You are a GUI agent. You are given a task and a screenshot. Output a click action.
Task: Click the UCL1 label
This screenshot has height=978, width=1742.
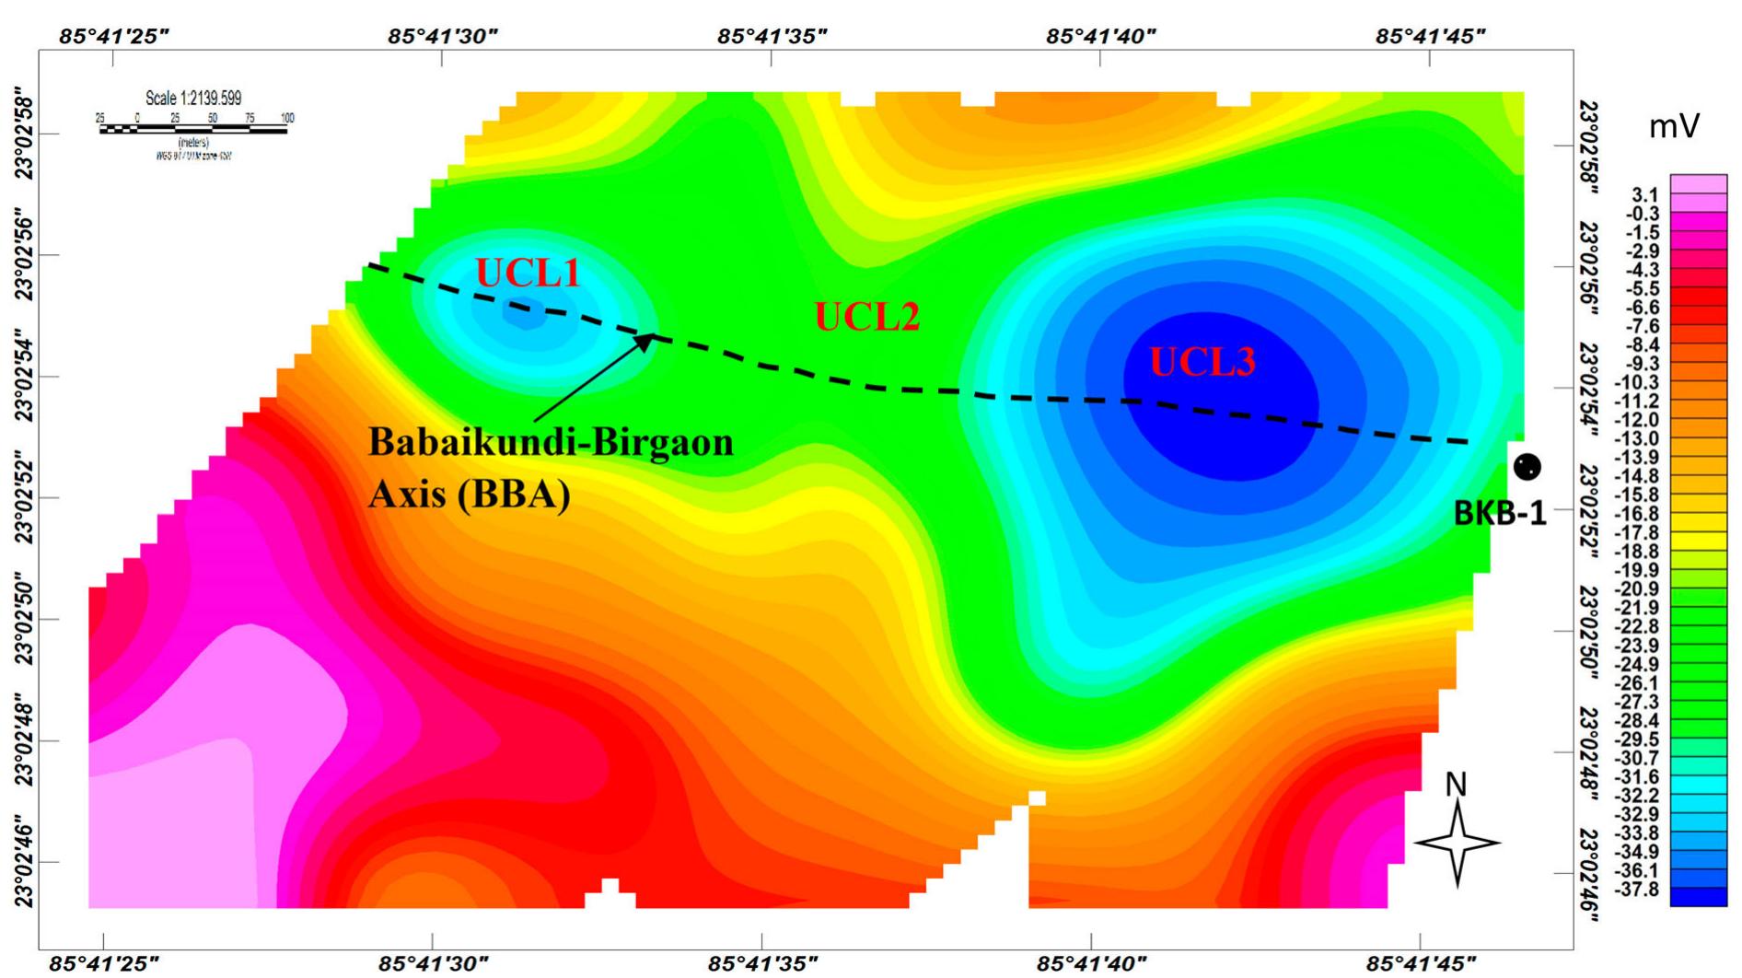pos(528,273)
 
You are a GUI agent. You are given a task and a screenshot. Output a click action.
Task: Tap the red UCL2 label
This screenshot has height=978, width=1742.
pos(866,317)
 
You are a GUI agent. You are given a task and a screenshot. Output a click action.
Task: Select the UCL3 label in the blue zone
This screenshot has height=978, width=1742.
pos(1202,362)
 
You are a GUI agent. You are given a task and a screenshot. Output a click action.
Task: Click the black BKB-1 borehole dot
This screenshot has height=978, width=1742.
pos(1527,467)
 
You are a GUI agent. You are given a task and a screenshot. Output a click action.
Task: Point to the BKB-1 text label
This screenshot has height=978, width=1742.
pos(1499,513)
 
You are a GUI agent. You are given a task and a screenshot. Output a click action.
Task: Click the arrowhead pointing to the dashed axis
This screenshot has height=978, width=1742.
pos(645,342)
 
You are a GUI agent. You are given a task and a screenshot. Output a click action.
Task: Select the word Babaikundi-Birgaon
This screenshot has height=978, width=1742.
pos(551,442)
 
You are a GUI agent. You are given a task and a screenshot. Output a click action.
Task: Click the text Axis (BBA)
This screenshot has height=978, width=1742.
pos(470,495)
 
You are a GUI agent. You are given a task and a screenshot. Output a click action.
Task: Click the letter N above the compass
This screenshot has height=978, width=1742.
pos(1456,785)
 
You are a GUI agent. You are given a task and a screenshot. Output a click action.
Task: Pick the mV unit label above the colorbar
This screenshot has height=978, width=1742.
pos(1673,127)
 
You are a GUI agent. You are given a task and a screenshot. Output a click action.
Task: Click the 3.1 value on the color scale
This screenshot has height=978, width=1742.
pos(1644,195)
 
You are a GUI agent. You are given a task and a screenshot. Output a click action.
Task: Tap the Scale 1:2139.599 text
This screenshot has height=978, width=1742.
pos(193,99)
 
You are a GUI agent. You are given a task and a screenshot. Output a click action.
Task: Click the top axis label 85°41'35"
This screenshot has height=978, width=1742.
pos(772,36)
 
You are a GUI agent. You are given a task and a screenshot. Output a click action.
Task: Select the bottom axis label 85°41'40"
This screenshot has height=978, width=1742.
pos(1091,963)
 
